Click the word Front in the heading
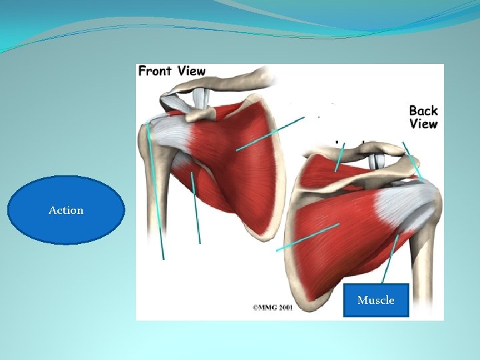coord(154,71)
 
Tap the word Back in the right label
coord(423,111)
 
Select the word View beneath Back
coord(423,124)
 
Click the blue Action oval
coord(66,210)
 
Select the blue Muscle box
coord(376,300)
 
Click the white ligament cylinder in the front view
coord(199,97)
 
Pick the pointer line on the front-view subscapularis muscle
coord(270,133)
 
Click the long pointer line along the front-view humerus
coord(155,193)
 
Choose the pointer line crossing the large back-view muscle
coord(307,237)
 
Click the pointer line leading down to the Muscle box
coord(390,260)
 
